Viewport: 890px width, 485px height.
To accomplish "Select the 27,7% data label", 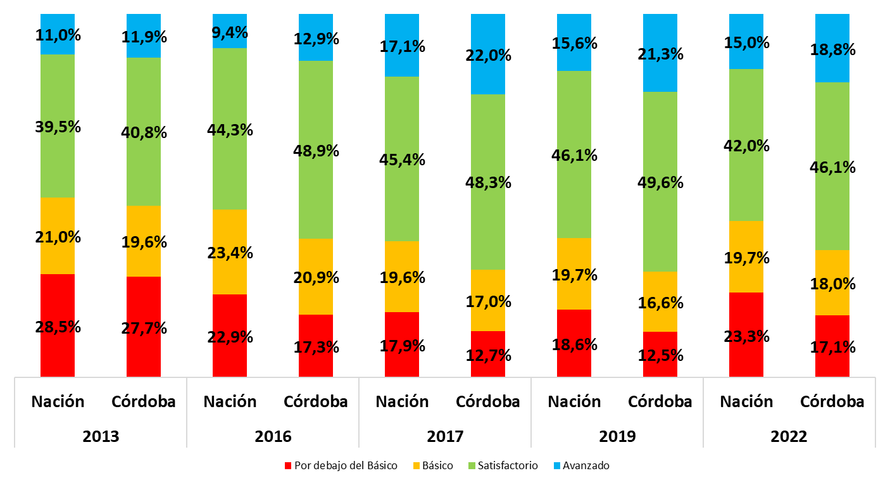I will click(x=144, y=328).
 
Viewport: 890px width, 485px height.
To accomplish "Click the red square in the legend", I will click(x=288, y=466).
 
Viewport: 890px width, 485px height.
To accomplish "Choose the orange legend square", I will click(x=417, y=466).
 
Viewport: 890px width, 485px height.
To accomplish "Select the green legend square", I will click(x=472, y=466).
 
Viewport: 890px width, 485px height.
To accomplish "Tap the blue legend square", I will click(x=557, y=466).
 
